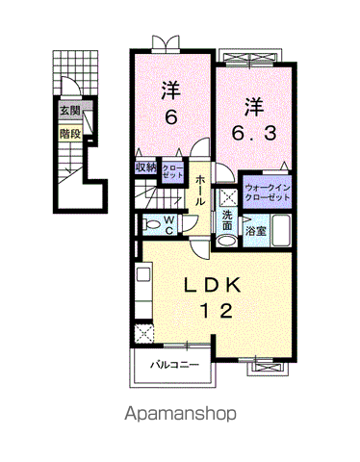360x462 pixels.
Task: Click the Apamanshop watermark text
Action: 180,414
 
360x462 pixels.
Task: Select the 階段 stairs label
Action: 70,134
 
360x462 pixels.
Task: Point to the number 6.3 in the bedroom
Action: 254,134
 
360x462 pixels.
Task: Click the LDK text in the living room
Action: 212,285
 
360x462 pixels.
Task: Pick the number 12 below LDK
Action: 217,311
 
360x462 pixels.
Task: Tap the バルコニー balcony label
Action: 175,365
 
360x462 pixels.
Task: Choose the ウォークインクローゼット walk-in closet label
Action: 268,192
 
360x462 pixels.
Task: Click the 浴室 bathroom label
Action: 256,231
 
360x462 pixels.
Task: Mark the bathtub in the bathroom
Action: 281,230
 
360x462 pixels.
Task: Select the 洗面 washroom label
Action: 227,219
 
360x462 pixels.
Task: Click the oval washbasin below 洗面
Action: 226,242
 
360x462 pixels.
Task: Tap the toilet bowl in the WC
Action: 150,224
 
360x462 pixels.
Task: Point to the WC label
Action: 169,225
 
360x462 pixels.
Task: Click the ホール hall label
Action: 200,190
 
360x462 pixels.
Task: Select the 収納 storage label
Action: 145,167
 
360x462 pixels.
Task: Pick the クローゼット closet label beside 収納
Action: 172,171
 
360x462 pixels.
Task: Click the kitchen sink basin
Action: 143,274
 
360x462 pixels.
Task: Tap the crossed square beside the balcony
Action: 144,334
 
